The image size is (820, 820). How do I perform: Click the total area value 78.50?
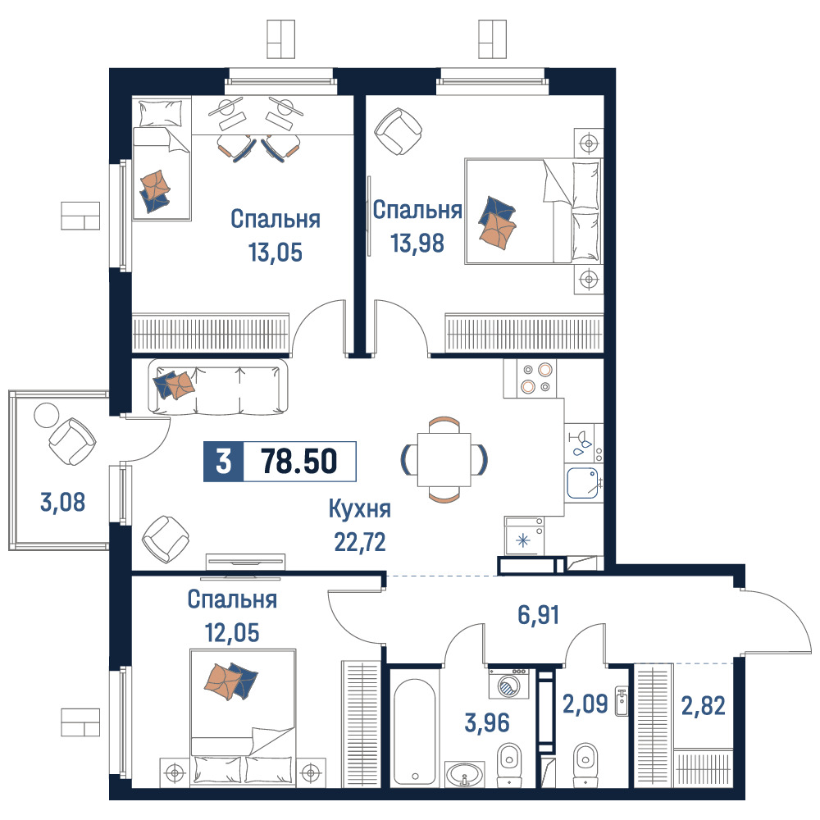coord(298,461)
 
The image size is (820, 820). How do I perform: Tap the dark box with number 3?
coord(223,461)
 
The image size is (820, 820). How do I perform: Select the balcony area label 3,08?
coord(63,502)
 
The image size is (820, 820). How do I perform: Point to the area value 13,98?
coord(417,243)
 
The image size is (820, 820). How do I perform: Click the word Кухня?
coord(360,509)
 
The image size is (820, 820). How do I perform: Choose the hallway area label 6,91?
coord(539,614)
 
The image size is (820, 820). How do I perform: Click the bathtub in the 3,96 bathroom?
coord(415,731)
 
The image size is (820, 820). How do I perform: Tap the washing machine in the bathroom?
coord(508,684)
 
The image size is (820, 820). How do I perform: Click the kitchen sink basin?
coord(583,483)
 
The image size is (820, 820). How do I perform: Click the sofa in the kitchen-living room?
coord(218,388)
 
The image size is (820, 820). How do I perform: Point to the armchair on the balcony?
coord(72,442)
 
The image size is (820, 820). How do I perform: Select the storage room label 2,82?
coord(703,706)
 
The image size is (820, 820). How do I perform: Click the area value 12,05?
coord(232,633)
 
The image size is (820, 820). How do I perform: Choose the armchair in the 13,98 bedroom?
coord(399,131)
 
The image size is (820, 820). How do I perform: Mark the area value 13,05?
coord(276,252)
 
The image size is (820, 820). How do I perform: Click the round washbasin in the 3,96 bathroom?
coord(464,773)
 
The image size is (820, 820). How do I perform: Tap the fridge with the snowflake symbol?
coord(524,535)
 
